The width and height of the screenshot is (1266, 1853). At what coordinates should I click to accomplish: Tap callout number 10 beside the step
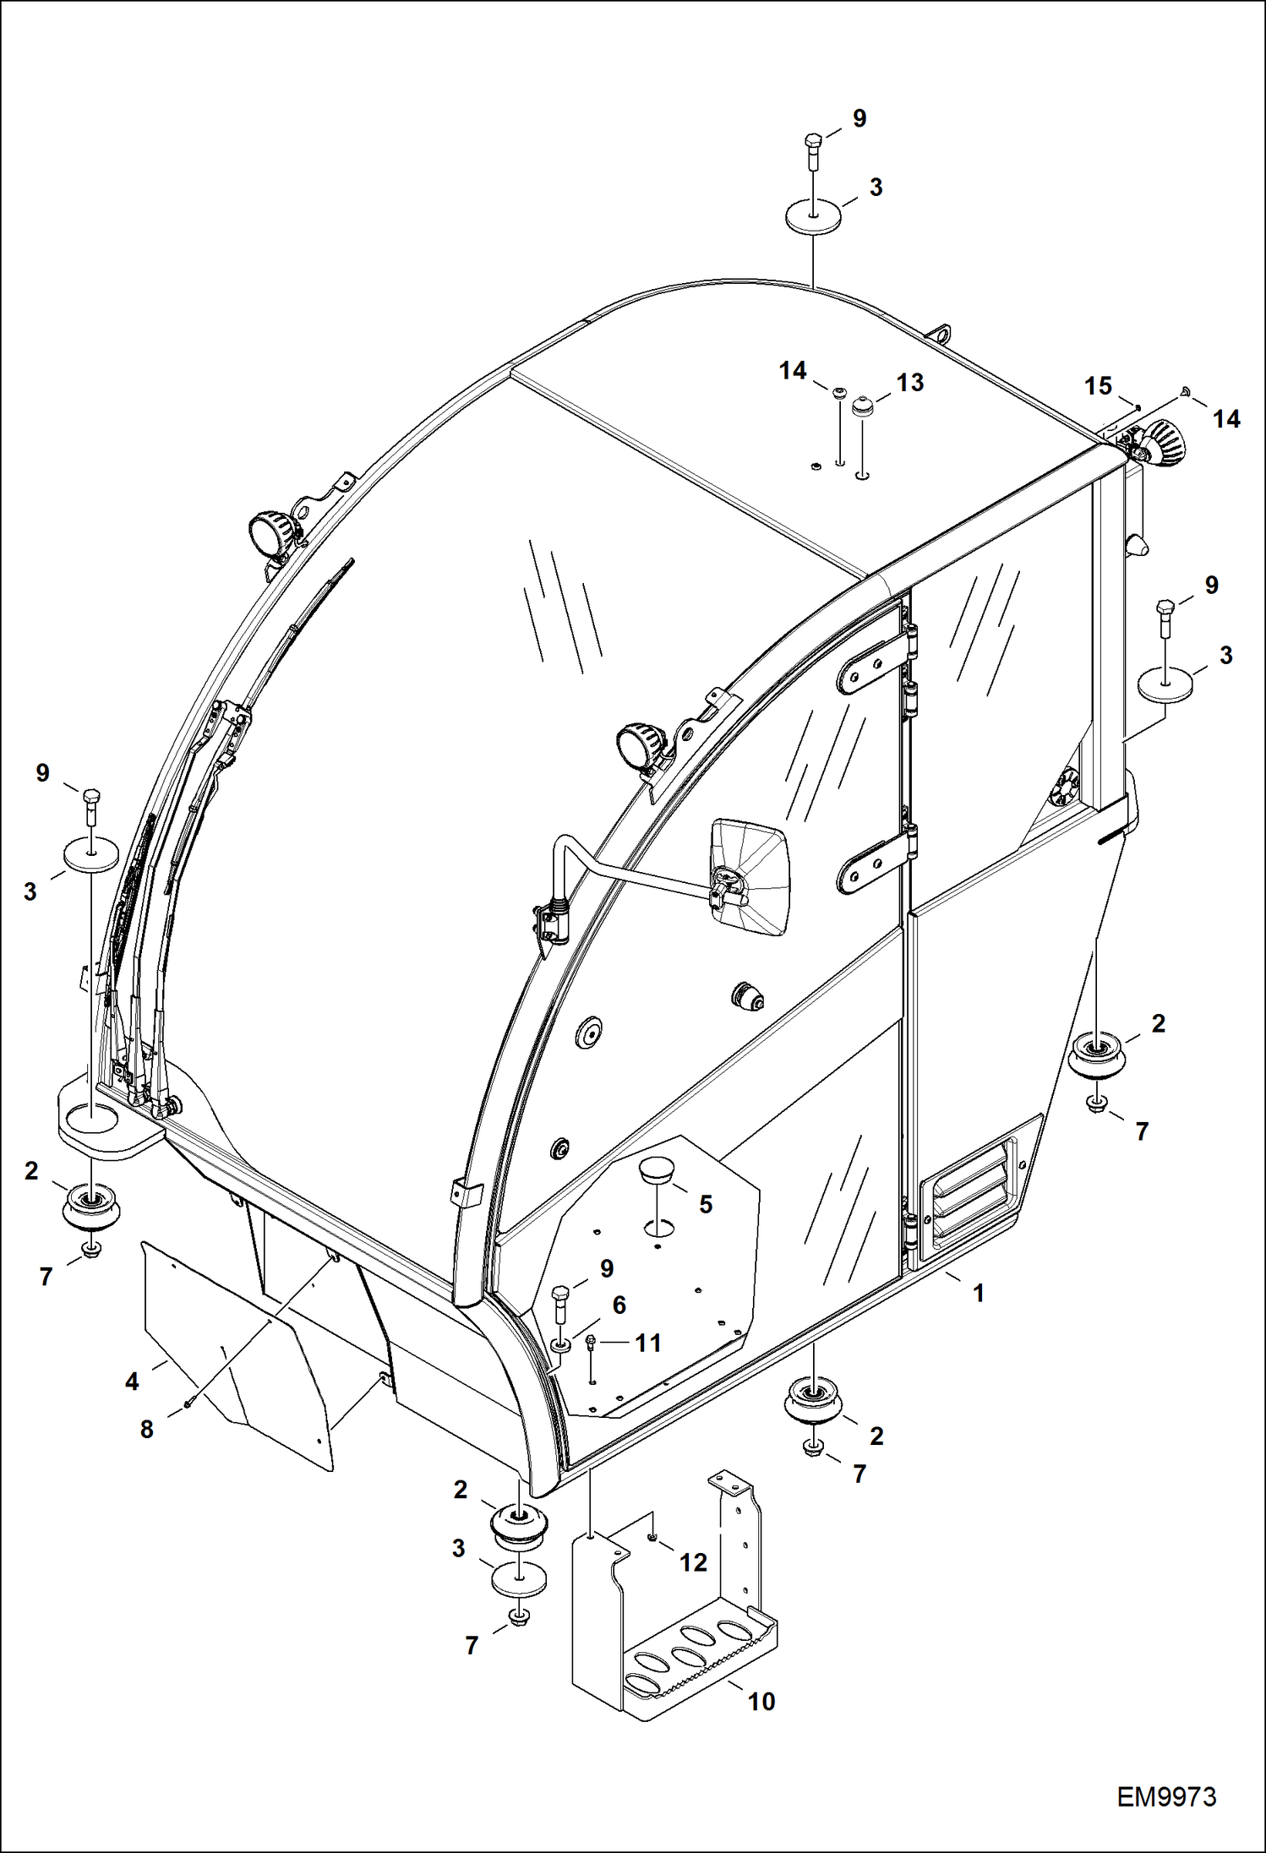point(761,1701)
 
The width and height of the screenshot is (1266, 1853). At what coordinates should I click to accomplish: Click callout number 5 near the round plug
point(706,1204)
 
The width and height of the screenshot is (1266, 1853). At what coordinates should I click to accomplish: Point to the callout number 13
point(909,383)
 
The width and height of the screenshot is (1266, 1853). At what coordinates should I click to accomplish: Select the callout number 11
point(647,1343)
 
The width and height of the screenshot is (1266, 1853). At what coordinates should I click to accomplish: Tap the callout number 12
point(693,1562)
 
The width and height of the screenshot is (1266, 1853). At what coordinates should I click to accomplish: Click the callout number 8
point(147,1430)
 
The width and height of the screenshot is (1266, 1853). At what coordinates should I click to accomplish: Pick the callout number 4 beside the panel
point(132,1382)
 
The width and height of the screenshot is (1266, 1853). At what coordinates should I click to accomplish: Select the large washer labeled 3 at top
point(814,214)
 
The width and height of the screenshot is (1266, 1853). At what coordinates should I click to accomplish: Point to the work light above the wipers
point(270,531)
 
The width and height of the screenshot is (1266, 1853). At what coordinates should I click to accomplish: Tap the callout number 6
point(619,1305)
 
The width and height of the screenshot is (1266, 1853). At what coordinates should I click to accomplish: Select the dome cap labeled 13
point(861,406)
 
